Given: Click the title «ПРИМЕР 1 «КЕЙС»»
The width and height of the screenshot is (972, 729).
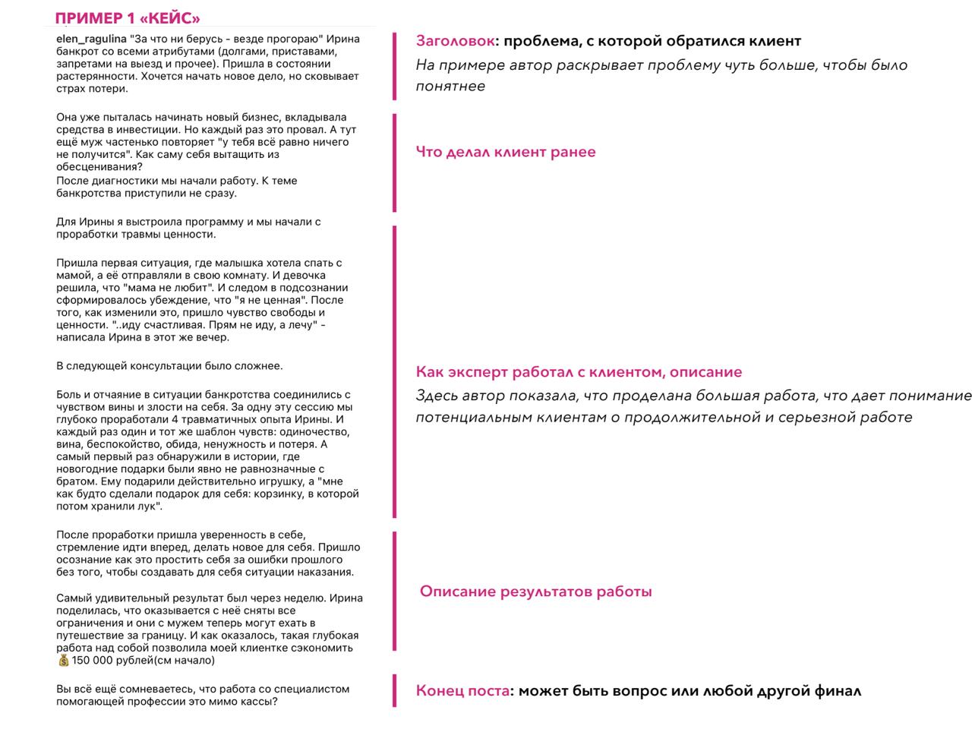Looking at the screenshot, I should click(x=128, y=19).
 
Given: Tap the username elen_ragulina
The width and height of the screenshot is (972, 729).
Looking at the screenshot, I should click(x=91, y=39).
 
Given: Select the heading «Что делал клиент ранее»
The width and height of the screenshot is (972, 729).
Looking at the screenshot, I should click(x=506, y=152).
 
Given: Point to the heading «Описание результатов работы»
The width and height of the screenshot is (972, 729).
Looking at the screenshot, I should click(x=535, y=592).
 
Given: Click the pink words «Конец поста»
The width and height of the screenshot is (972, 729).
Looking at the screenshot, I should click(x=462, y=691).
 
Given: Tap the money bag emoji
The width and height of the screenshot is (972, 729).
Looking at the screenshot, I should click(x=63, y=661).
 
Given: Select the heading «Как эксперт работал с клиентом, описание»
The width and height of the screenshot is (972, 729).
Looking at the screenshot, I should click(x=579, y=372).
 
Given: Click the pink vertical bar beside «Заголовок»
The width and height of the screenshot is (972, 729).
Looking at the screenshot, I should click(x=394, y=66).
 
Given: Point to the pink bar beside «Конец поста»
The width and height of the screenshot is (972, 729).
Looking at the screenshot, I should click(x=394, y=690).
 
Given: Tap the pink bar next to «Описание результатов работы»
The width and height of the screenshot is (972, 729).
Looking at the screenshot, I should click(x=394, y=591).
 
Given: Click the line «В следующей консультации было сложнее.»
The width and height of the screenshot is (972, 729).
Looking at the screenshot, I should click(x=169, y=366).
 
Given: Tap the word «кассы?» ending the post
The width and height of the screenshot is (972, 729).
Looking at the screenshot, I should click(x=260, y=702).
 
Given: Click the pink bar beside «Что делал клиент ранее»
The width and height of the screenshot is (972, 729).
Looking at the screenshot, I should click(x=394, y=163).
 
